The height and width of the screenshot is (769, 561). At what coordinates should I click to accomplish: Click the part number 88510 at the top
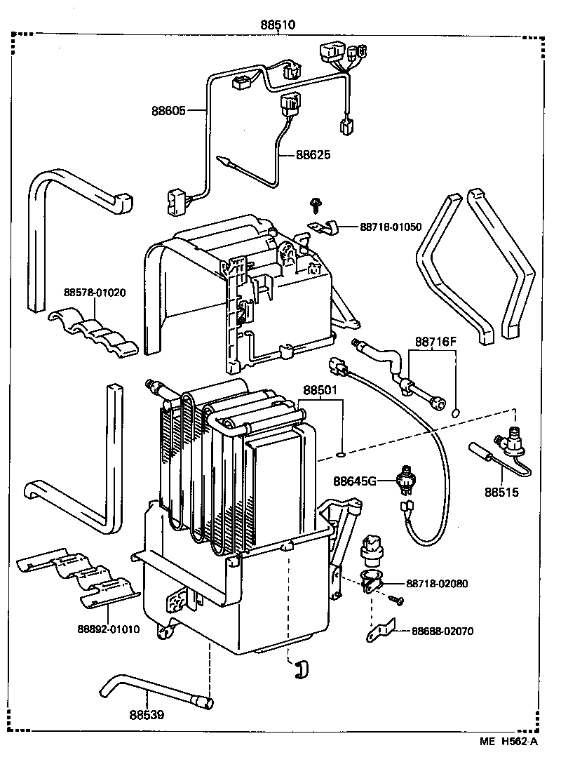pyautogui.click(x=278, y=25)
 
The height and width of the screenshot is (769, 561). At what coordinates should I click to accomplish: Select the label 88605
pyautogui.click(x=168, y=110)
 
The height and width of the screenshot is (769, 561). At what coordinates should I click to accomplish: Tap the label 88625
pyautogui.click(x=313, y=154)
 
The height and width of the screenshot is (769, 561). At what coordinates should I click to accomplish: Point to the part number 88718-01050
pyautogui.click(x=391, y=227)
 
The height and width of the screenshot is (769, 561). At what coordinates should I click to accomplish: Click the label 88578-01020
pyautogui.click(x=95, y=293)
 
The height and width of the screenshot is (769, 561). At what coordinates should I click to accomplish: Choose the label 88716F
pyautogui.click(x=435, y=342)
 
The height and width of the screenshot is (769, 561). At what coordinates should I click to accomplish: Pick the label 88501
pyautogui.click(x=320, y=390)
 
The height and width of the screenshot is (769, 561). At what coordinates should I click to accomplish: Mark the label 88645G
pyautogui.click(x=355, y=481)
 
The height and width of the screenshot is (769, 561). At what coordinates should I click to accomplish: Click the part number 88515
pyautogui.click(x=501, y=493)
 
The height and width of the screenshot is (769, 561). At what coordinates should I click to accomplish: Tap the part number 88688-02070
pyautogui.click(x=442, y=631)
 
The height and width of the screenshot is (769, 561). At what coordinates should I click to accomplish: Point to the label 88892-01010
pyautogui.click(x=108, y=629)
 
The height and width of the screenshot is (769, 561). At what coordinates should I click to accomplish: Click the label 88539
pyautogui.click(x=147, y=715)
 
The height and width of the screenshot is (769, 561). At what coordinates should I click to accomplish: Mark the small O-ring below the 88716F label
pyautogui.click(x=456, y=412)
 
